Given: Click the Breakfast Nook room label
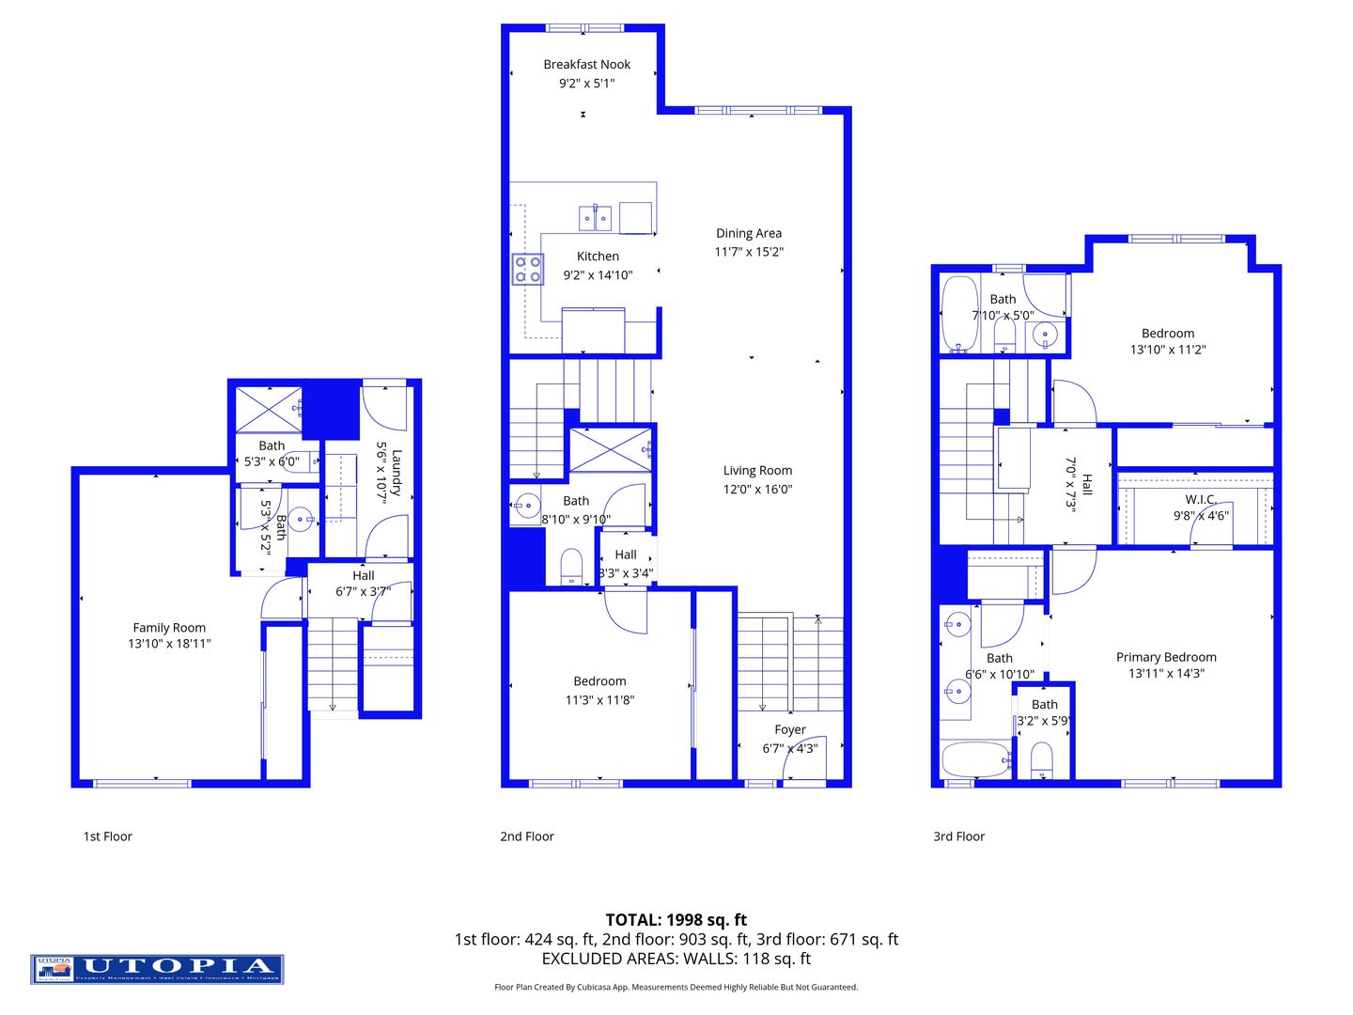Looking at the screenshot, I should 586,65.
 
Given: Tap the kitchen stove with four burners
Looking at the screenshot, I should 527,270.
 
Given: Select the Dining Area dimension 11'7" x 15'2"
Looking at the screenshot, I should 749,252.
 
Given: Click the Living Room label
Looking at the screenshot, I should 757,471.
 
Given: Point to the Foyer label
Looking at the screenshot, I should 790,729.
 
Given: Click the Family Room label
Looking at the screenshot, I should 169,628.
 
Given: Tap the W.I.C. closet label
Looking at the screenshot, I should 1201,499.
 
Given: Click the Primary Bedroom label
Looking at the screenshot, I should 1166,657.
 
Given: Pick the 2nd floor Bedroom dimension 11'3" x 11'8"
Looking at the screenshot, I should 599,699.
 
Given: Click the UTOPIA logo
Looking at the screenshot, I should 157,969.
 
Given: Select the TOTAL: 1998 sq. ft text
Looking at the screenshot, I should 676,920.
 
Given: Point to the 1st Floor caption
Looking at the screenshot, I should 108,836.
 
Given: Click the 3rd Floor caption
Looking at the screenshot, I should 958,836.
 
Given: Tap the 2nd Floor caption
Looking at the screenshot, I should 527,836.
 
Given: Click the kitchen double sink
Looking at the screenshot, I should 595,218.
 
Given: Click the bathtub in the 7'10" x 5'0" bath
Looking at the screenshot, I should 959,314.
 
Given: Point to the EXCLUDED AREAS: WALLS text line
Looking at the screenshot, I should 676,959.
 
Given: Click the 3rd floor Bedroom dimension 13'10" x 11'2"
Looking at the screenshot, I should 1168,350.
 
